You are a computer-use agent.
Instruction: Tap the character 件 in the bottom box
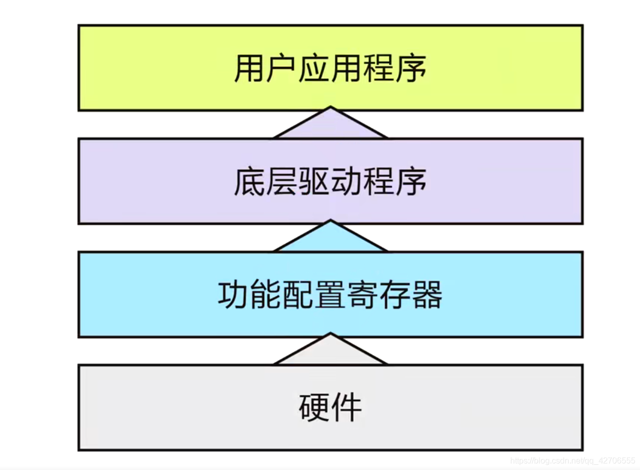347,407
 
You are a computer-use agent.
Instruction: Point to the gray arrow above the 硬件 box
330,353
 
